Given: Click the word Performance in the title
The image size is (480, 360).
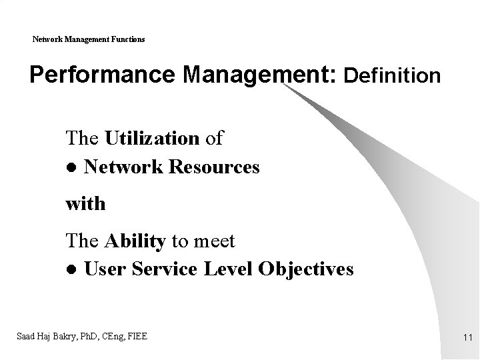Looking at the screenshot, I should pyautogui.click(x=103, y=75).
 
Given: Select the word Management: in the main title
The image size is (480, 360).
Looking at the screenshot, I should pyautogui.click(x=261, y=75).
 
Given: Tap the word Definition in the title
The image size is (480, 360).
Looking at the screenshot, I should pyautogui.click(x=392, y=76).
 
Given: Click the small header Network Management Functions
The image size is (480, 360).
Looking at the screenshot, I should pyautogui.click(x=89, y=39).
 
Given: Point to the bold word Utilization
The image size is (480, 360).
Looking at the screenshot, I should pyautogui.click(x=152, y=139).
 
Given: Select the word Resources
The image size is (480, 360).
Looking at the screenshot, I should pyautogui.click(x=214, y=167).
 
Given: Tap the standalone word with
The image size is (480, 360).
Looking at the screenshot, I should pyautogui.click(x=85, y=203).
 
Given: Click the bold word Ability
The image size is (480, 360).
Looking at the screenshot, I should pyautogui.click(x=135, y=241).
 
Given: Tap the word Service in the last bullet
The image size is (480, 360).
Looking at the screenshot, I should pyautogui.click(x=164, y=269).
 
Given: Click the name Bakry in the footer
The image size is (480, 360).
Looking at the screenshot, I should pyautogui.click(x=67, y=335).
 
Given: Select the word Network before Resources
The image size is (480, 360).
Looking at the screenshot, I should pyautogui.click(x=125, y=167).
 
